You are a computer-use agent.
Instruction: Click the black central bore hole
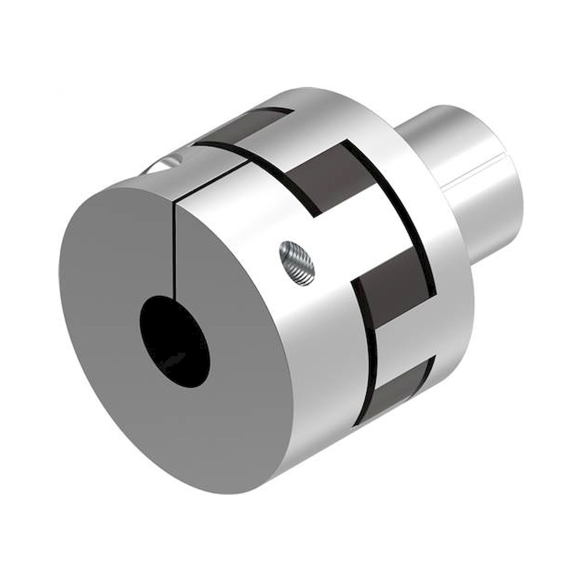175,341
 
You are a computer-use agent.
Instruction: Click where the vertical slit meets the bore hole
174,298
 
